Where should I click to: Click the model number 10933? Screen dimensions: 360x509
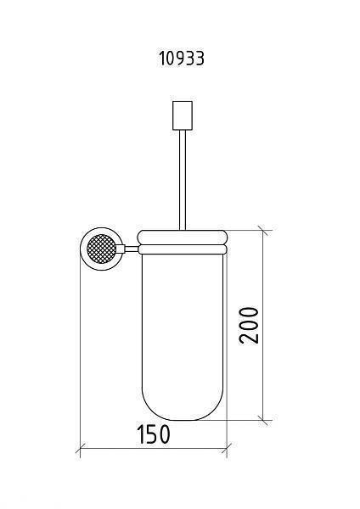click(x=182, y=59)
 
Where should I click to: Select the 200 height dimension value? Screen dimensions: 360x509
click(x=249, y=325)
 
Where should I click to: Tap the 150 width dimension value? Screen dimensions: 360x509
click(x=154, y=434)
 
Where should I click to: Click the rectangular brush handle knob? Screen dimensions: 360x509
click(x=183, y=115)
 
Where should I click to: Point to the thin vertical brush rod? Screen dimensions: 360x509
click(x=183, y=180)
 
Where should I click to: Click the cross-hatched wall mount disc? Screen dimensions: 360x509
click(x=101, y=249)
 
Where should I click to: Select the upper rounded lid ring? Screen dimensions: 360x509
click(x=183, y=238)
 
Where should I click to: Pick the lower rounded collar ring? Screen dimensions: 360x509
click(x=183, y=249)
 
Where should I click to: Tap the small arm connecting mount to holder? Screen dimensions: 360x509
click(x=132, y=249)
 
